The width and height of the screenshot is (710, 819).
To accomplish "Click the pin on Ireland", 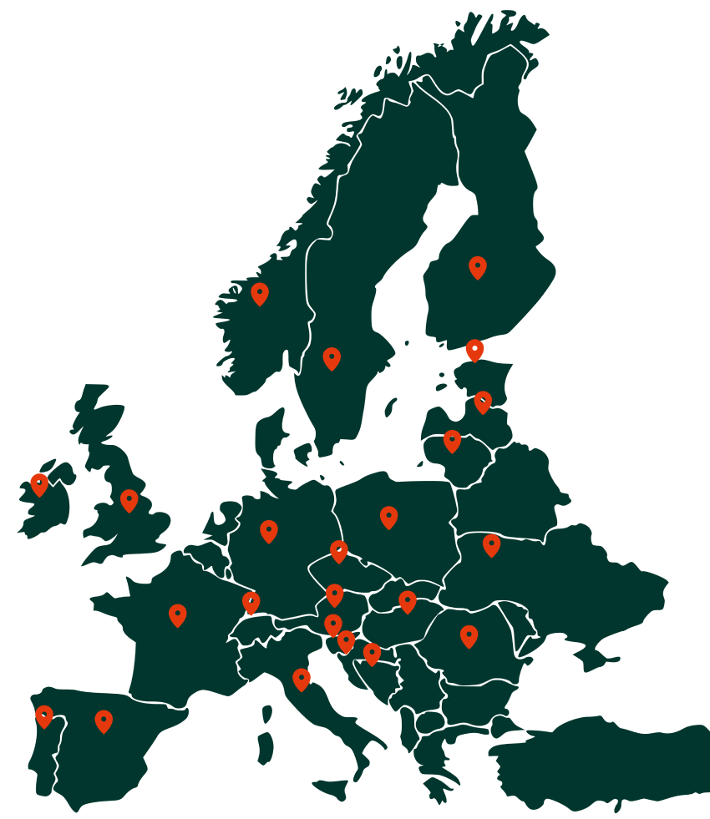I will click(39, 483).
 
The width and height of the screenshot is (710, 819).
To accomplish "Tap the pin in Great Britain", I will click(129, 499).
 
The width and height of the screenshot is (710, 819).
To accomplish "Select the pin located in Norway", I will click(260, 292).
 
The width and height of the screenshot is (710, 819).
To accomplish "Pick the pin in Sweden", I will click(332, 357).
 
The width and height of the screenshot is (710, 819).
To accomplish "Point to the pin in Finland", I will click(477, 266).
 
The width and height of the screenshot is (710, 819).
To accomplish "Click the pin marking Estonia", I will click(474, 349).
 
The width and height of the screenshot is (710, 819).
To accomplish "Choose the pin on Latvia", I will click(483, 401).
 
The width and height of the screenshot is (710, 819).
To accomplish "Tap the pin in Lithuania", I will click(452, 440).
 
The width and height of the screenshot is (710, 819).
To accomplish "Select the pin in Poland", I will click(388, 516).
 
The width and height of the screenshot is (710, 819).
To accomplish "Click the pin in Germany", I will click(268, 530).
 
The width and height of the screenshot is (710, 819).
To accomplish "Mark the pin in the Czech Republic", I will click(338, 550).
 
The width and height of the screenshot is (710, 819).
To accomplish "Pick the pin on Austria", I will click(334, 594).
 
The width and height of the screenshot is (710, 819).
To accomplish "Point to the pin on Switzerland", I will click(251, 602).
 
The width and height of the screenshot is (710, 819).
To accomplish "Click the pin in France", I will click(177, 614).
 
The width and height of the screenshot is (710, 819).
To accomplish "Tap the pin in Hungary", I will click(407, 600).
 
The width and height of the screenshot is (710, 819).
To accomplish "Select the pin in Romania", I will click(469, 635).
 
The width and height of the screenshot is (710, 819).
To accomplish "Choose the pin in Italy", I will click(302, 679).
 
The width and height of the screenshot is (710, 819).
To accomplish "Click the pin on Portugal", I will click(44, 715).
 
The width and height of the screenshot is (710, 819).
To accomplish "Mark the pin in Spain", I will click(104, 720).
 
